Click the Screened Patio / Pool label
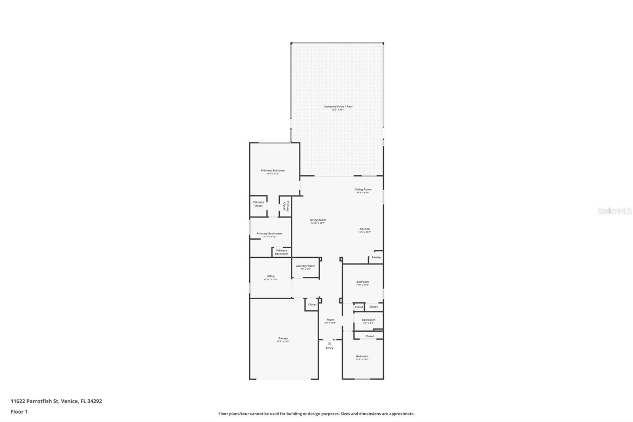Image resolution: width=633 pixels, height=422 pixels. (x=338, y=106)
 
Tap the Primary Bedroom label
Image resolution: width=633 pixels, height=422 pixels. (x=273, y=171)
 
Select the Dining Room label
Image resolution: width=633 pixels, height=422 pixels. (x=363, y=190)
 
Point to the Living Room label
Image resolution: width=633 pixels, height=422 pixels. (x=318, y=220)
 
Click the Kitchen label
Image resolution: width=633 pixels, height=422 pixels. (x=364, y=229)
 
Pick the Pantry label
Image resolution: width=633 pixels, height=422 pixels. (x=376, y=257)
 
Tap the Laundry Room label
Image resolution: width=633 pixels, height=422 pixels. (x=305, y=266)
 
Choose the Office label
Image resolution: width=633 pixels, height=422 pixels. (x=271, y=276)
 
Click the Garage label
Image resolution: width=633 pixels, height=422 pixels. (x=283, y=338)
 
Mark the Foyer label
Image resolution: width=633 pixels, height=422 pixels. (x=330, y=320)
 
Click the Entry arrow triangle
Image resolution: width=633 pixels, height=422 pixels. (x=330, y=343)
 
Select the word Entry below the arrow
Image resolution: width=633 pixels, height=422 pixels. (x=330, y=348)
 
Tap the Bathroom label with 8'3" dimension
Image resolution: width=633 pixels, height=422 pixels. (x=368, y=320)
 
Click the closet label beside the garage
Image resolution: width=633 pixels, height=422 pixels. (x=312, y=304)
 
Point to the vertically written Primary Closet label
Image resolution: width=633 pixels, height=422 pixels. (x=286, y=206)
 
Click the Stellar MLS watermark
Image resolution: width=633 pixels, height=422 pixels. (x=614, y=211)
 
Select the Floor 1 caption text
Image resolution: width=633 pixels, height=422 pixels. (x=19, y=412)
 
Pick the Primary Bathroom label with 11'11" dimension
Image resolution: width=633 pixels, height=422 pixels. (x=269, y=234)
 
